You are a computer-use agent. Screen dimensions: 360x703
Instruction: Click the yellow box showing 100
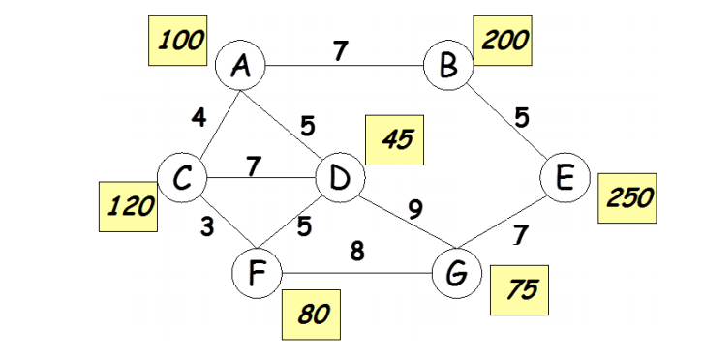tap(179, 41)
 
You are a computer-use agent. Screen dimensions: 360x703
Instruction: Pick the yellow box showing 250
tap(627, 197)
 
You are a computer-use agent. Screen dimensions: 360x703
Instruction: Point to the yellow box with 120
tap(129, 208)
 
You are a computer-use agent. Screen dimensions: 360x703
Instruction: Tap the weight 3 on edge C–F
tap(207, 229)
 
